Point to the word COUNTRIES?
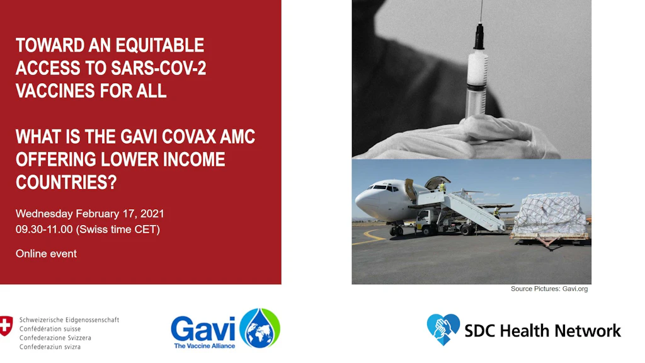tap(66, 182)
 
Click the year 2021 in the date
tap(152, 214)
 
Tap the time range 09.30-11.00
tap(44, 229)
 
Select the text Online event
tap(46, 253)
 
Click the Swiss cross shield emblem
tap(6, 326)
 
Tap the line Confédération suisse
tap(50, 329)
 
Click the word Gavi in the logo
tap(203, 329)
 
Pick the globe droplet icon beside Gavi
tap(260, 328)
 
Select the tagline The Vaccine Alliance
tap(205, 346)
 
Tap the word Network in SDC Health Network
tap(588, 330)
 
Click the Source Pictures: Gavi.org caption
tap(549, 289)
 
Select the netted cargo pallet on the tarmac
tap(549, 214)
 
